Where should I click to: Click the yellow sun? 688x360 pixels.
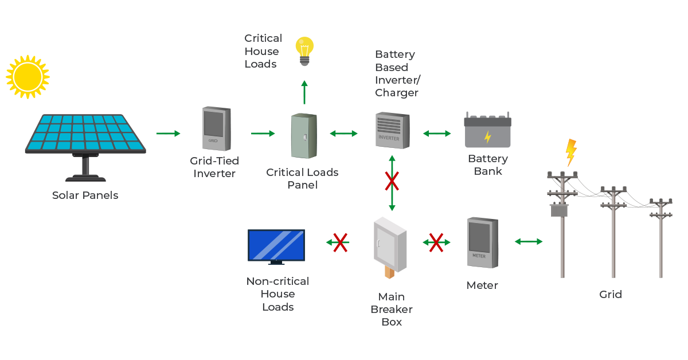tap(28, 77)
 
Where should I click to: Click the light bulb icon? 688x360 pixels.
tap(304, 51)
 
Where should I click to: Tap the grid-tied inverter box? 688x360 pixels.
tap(217, 128)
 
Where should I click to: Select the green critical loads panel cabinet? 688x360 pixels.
tap(304, 136)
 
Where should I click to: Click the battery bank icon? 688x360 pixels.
tap(488, 130)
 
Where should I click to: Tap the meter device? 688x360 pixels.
tap(483, 242)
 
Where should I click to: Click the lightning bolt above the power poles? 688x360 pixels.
tap(571, 152)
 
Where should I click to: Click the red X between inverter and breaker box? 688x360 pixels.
tap(392, 181)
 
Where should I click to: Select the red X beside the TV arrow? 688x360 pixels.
tap(341, 242)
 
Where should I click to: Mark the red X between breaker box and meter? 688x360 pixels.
tap(436, 242)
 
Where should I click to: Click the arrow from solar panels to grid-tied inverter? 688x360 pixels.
tap(168, 134)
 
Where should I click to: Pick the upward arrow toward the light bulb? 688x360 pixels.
tap(304, 92)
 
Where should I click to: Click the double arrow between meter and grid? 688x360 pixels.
tap(529, 242)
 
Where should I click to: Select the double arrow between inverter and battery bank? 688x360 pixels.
tap(437, 134)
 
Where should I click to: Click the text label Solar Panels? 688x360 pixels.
tap(85, 195)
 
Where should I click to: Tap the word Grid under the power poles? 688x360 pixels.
tap(611, 295)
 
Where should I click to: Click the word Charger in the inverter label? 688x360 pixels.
tap(397, 93)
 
